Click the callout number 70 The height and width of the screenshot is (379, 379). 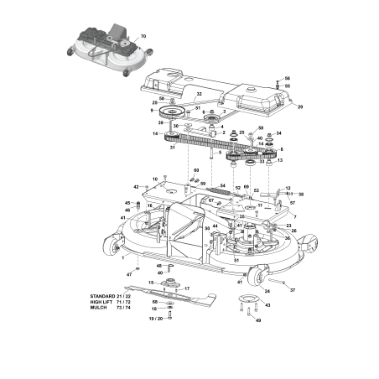pyautogui.click(x=143, y=37)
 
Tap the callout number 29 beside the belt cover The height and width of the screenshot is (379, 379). pyautogui.click(x=300, y=107)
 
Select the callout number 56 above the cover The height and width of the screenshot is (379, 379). pyautogui.click(x=286, y=76)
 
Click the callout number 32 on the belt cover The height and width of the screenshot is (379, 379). pyautogui.click(x=199, y=94)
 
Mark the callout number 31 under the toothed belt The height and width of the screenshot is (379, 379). pyautogui.click(x=172, y=148)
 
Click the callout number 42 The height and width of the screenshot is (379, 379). pyautogui.click(x=136, y=186)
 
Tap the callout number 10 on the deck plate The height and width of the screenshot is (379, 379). pyautogui.click(x=154, y=179)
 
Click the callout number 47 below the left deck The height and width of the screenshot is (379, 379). pyautogui.click(x=130, y=275)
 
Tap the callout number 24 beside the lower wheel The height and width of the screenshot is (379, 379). pyautogui.click(x=267, y=291)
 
